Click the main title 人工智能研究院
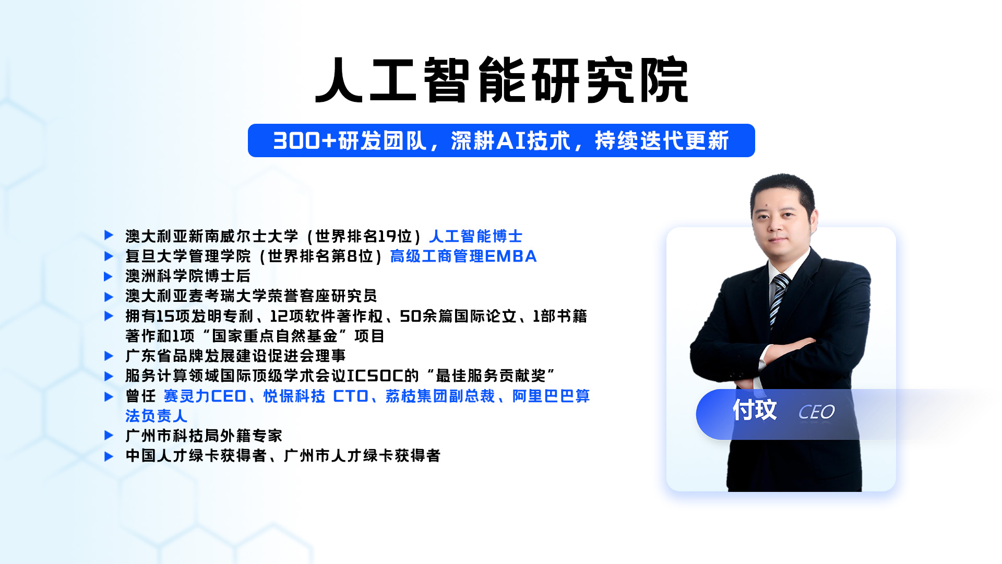(x=502, y=79)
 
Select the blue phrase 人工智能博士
(x=475, y=236)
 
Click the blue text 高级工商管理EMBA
(x=463, y=256)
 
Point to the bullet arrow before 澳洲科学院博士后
(x=109, y=276)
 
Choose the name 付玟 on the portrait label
(x=755, y=409)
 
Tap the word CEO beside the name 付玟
(x=816, y=412)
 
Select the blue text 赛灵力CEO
(x=205, y=396)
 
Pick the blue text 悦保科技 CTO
(x=316, y=396)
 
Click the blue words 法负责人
(x=156, y=416)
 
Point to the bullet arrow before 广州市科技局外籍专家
(x=109, y=435)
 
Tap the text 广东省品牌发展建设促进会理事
(x=235, y=356)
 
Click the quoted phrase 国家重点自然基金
(x=275, y=335)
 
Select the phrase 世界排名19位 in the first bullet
(x=364, y=236)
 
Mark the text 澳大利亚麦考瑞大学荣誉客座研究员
(x=251, y=296)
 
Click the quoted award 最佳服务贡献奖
(x=491, y=375)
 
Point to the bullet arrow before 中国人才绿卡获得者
(x=109, y=456)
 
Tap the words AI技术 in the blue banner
(x=533, y=140)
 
